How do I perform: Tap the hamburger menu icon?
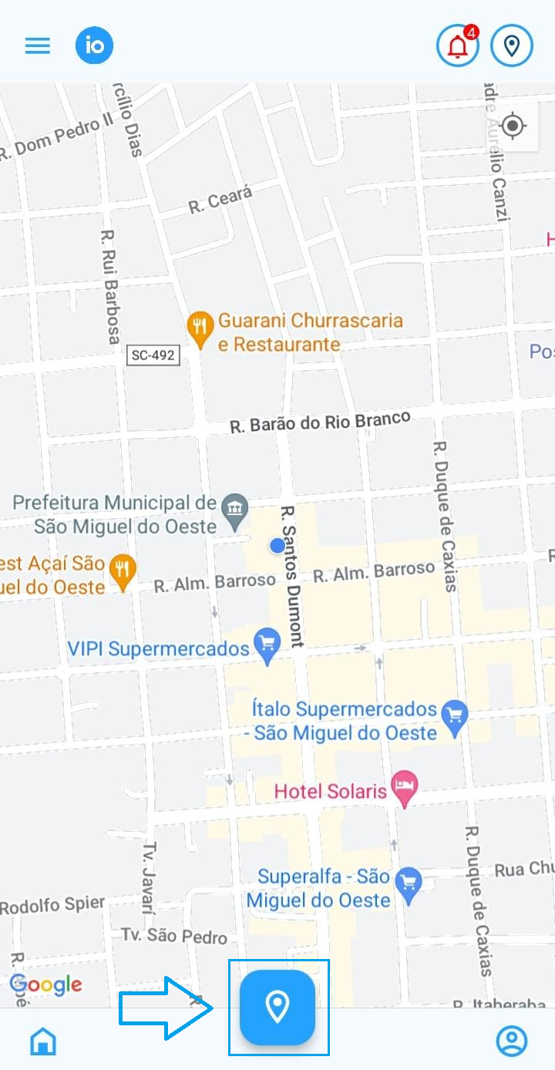[x=37, y=45]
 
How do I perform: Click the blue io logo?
[x=94, y=45]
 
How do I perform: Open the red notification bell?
[x=458, y=46]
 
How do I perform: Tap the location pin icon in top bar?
[x=512, y=46]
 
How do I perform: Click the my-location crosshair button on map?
[x=513, y=126]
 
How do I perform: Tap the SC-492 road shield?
[x=153, y=355]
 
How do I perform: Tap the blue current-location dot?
[x=277, y=546]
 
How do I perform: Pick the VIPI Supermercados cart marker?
[x=267, y=645]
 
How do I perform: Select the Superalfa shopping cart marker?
[x=408, y=883]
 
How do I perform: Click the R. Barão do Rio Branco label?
[x=320, y=423]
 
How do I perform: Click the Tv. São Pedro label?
[x=174, y=936]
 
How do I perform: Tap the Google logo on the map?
[x=45, y=984]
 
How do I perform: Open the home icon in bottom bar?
[x=43, y=1041]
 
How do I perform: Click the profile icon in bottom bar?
[x=511, y=1041]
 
